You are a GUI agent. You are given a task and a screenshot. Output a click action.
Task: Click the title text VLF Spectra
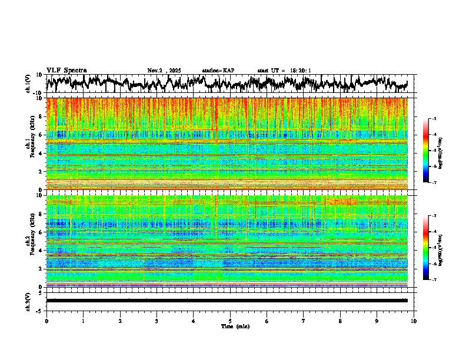66,71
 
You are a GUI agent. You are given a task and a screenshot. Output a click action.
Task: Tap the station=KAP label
218,71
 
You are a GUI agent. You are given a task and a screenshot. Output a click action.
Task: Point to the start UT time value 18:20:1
300,71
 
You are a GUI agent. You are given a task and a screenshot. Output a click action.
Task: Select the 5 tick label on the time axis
230,321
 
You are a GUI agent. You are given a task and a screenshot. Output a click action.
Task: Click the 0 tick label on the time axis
46,321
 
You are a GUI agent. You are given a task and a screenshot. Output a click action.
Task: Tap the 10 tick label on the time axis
414,321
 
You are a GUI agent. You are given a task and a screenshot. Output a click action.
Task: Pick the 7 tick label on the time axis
304,321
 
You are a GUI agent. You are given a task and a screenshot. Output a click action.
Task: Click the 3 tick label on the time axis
157,321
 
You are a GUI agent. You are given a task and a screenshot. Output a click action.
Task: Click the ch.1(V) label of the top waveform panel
28,84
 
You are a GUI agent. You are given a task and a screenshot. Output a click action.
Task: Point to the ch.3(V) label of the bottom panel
28,301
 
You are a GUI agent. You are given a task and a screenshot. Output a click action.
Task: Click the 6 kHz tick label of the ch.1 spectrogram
40,135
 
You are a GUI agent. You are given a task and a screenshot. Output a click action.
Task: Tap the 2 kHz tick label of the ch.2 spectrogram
40,269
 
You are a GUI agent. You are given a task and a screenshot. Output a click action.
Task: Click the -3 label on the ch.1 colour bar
433,119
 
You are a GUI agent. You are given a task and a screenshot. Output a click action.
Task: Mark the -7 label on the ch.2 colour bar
433,280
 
